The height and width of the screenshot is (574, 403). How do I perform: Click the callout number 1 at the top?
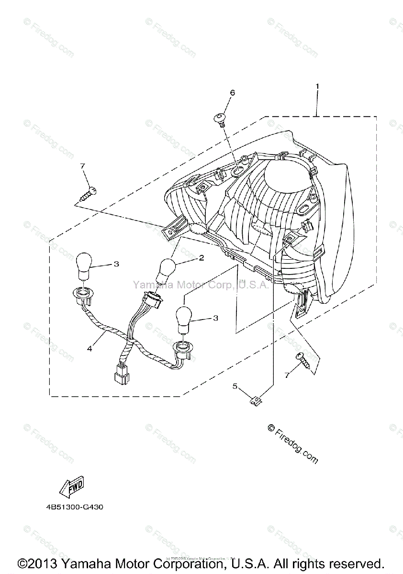(317, 86)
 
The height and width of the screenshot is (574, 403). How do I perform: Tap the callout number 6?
(233, 93)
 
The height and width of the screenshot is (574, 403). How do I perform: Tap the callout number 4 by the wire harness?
(89, 348)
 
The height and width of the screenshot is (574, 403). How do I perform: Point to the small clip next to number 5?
(256, 400)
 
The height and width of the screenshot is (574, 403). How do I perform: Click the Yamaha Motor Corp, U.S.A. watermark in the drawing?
(201, 285)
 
